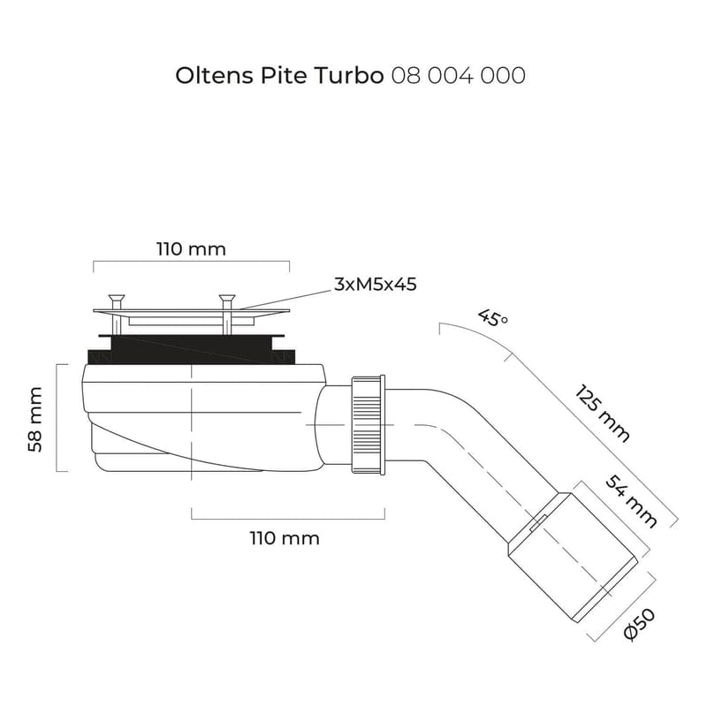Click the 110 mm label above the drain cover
(x=192, y=249)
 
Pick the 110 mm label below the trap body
(x=285, y=538)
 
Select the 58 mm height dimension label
(x=35, y=418)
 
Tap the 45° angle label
(x=492, y=318)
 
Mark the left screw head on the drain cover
(x=116, y=299)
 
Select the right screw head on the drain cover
(x=228, y=299)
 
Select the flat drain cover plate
(x=190, y=311)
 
